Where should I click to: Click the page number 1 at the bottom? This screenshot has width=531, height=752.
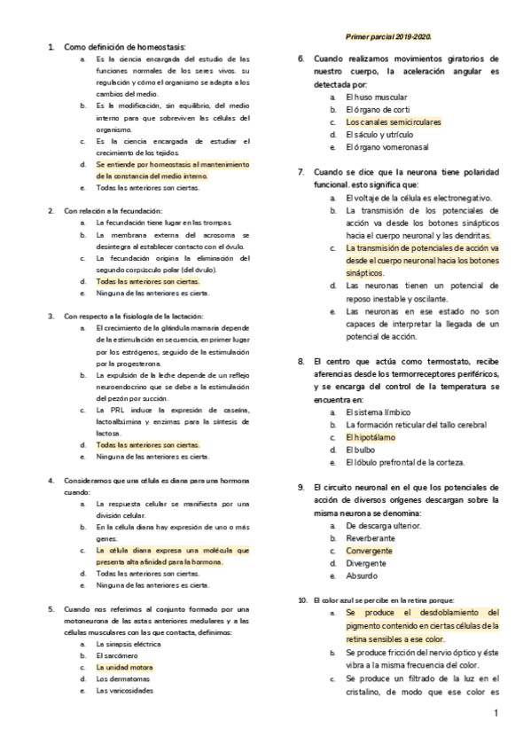(496, 713)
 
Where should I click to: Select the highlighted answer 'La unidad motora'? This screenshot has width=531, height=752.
(125, 666)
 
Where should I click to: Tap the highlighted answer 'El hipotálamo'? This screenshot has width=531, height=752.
(371, 436)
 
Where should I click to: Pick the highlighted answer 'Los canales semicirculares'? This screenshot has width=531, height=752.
(393, 121)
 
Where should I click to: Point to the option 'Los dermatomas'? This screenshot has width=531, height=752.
(123, 678)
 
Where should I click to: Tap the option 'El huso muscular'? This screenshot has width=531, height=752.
(377, 96)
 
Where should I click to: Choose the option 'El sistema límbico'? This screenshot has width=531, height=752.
(379, 412)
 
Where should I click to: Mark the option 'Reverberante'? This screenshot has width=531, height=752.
(371, 537)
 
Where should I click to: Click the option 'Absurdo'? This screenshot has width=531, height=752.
(362, 576)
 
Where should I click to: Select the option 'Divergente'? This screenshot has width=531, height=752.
(366, 562)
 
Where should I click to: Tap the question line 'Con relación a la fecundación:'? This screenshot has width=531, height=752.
(113, 210)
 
